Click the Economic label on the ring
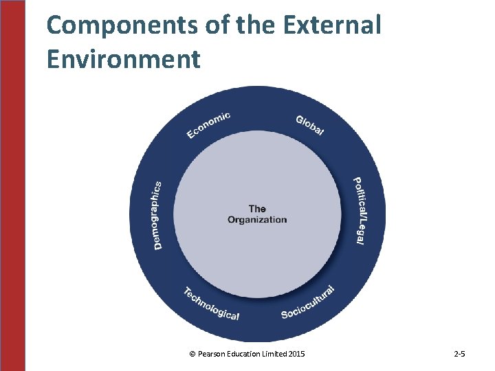208,124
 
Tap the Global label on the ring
310,125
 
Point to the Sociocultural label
308,303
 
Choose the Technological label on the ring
211,304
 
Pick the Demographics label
157,215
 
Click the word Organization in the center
257,220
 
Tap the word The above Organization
257,208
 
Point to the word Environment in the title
124,58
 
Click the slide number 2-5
460,354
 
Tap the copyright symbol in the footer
192,354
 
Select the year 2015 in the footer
297,354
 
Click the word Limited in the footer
275,354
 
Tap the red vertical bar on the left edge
12,185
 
